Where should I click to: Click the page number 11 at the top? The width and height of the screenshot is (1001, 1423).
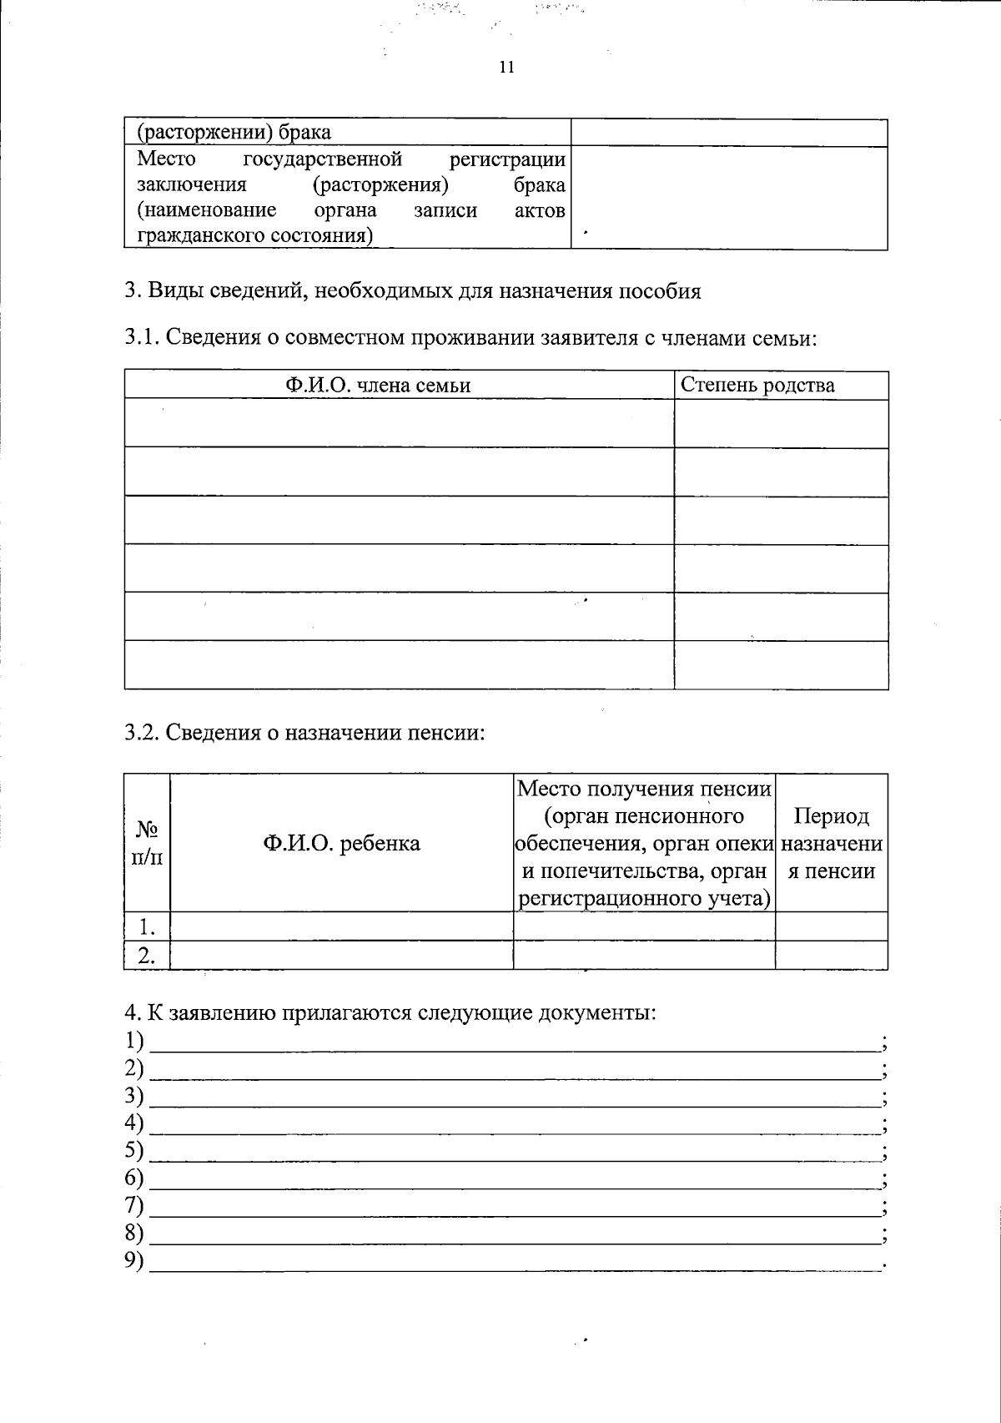click(506, 68)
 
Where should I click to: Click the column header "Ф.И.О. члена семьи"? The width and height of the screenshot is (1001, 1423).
click(378, 385)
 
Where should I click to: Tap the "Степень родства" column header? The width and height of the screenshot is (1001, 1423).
click(757, 385)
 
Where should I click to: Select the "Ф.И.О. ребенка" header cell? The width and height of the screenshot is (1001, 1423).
click(341, 843)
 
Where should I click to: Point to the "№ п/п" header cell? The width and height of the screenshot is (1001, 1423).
click(147, 843)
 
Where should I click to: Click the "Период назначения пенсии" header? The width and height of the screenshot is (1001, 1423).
click(831, 843)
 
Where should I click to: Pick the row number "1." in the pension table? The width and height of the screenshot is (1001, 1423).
click(147, 926)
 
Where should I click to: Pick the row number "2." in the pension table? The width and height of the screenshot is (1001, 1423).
click(147, 956)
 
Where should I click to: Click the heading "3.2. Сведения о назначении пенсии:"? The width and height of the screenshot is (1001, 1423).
click(304, 733)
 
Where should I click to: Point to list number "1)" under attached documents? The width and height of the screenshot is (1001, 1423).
click(133, 1041)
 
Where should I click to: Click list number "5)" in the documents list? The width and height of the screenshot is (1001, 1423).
click(133, 1150)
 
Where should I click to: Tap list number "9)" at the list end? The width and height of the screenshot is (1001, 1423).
click(133, 1260)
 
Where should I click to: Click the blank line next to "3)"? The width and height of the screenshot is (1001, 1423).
click(513, 1098)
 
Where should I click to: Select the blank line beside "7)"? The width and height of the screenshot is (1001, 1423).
click(513, 1208)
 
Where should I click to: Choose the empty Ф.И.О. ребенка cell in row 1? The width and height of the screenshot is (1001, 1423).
click(341, 926)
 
